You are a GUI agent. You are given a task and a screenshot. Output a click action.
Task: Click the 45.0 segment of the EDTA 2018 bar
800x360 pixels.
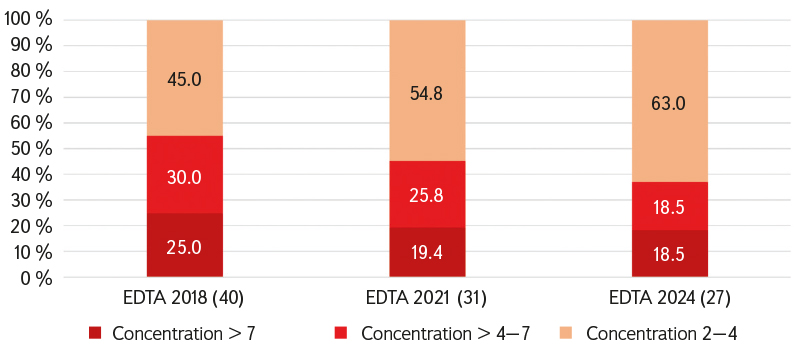(185, 78)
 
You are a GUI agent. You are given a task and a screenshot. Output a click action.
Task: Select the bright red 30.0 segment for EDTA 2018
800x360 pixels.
(185, 174)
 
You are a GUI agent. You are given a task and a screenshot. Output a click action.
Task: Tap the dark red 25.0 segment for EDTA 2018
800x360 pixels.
(185, 245)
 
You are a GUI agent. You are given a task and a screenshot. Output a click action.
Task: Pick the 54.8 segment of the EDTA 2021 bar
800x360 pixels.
(427, 91)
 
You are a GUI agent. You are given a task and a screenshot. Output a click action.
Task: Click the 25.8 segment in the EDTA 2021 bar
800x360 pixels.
(427, 194)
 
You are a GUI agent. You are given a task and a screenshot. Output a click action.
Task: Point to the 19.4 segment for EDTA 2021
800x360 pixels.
(427, 252)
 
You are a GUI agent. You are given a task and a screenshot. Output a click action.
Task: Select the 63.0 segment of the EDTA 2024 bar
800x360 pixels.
(670, 101)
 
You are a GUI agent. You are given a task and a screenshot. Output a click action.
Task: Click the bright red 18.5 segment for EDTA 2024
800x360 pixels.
(670, 206)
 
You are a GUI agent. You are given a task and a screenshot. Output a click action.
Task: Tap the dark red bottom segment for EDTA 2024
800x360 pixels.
(670, 253)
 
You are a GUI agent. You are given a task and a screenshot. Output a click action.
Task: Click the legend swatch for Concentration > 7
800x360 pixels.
(95, 334)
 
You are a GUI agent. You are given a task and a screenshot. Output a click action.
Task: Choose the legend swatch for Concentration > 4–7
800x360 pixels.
(341, 334)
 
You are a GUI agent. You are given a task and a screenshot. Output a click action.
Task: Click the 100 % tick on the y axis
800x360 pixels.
(28, 20)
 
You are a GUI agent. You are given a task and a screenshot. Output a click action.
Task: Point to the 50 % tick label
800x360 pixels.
(31, 149)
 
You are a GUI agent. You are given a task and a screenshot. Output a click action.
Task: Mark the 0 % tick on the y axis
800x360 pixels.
(35, 278)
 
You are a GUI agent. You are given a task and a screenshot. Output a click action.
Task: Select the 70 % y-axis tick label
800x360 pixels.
(31, 97)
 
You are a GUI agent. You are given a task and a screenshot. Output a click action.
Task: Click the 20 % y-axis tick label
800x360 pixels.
(31, 226)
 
